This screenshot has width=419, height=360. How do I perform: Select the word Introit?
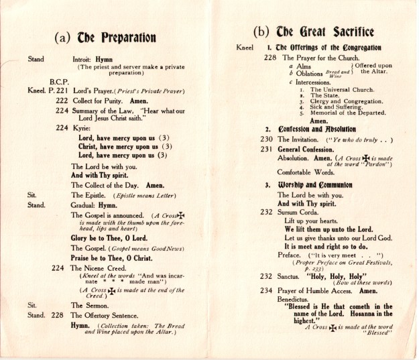[x=84, y=59]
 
